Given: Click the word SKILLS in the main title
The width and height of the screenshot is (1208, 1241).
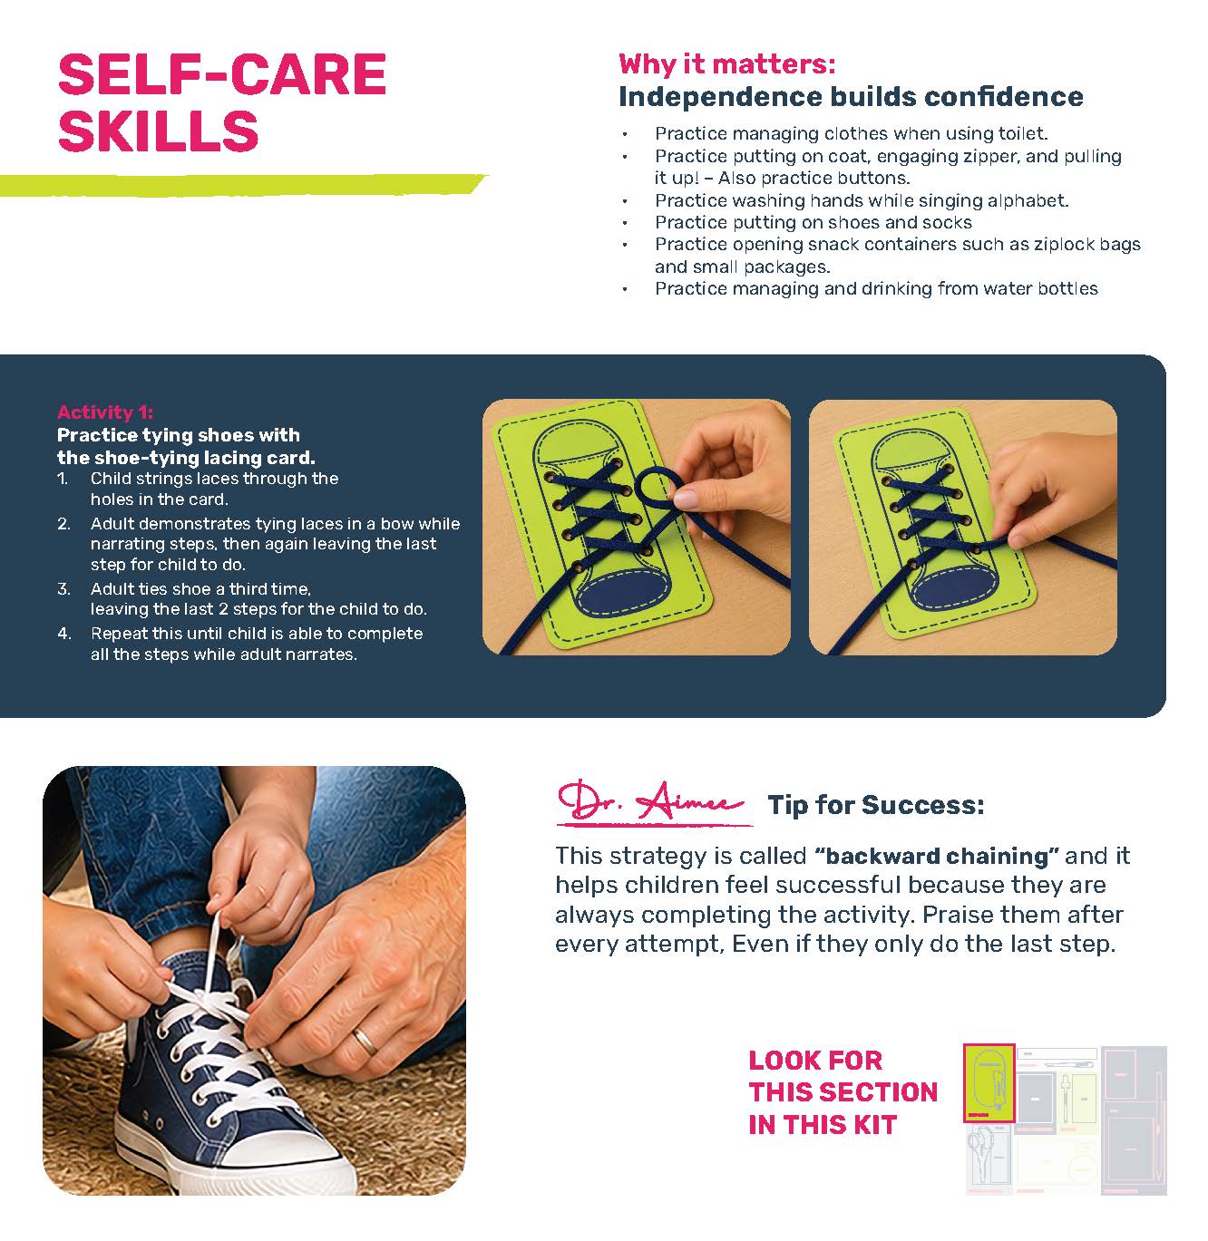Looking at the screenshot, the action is tap(159, 131).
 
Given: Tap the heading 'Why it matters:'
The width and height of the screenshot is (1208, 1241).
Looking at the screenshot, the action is tap(726, 63).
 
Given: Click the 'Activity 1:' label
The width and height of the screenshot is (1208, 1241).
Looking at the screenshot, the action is tap(105, 412).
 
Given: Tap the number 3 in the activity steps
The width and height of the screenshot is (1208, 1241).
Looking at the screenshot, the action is tap(63, 588).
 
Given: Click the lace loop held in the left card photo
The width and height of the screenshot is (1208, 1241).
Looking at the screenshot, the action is tap(653, 486).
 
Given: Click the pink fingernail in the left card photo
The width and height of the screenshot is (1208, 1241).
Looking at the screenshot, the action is tap(686, 497).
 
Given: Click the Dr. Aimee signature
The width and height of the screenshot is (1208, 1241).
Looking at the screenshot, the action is tap(652, 803).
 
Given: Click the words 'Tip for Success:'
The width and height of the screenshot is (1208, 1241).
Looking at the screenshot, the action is tap(875, 805).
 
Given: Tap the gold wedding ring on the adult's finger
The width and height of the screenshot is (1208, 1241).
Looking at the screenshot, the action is tap(365, 1040).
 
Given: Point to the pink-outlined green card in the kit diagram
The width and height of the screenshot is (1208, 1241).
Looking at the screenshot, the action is tap(989, 1083).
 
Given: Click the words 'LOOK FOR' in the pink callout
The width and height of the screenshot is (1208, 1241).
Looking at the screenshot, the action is tap(815, 1061).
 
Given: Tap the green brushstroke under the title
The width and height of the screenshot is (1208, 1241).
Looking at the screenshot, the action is tap(242, 184).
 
